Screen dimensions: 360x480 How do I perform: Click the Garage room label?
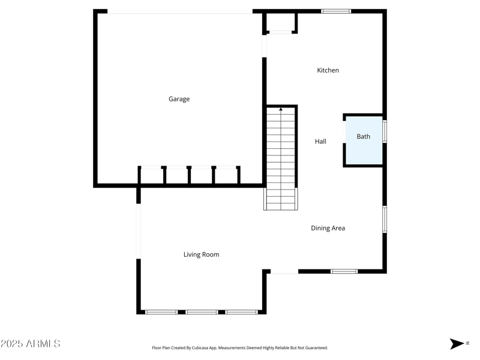[179, 99]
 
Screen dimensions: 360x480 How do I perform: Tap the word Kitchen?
[328, 70]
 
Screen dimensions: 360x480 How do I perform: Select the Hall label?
[320, 142]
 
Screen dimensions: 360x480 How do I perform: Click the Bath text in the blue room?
[364, 136]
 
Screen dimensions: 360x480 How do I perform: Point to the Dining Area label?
[328, 228]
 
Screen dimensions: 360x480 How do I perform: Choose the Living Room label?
[201, 254]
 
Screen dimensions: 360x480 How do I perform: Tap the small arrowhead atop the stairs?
[281, 109]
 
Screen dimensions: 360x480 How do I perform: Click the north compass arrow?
[457, 344]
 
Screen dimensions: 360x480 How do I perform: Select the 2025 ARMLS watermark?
[31, 344]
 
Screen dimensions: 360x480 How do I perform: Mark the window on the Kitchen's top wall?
[336, 11]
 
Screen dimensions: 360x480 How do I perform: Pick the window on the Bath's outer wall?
[385, 131]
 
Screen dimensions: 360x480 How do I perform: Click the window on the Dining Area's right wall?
[385, 219]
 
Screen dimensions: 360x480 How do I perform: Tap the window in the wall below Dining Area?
[344, 271]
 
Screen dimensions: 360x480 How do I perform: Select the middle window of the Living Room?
[202, 312]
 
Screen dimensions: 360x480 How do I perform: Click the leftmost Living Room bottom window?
[161, 312]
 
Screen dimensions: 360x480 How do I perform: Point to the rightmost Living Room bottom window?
[242, 312]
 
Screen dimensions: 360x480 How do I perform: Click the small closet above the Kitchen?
[280, 22]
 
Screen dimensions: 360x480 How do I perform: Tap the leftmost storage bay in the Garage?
[152, 176]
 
